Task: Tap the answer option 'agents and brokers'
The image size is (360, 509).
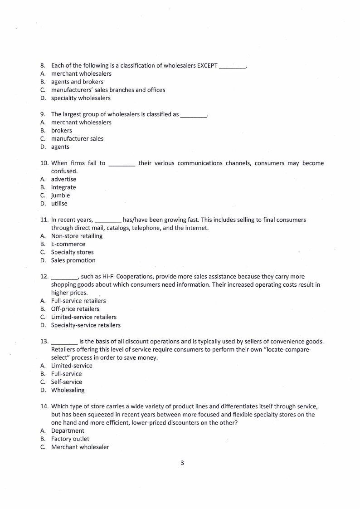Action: coord(77,82)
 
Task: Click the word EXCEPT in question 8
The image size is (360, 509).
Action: coord(207,65)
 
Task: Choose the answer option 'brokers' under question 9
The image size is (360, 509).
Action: coord(62,131)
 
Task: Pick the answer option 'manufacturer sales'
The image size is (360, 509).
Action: coord(77,139)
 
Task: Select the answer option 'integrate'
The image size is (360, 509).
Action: coord(63,187)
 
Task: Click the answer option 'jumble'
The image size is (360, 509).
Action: coord(61,196)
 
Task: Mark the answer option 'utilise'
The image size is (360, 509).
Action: coord(59,204)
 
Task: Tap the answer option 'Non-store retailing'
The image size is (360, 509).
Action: coord(77,236)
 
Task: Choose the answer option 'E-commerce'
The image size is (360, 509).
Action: coord(68,244)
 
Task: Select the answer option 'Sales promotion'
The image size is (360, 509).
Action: coord(73,260)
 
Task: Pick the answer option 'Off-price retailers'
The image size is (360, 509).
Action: coord(75,309)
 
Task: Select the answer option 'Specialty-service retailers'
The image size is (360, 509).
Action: coord(86,325)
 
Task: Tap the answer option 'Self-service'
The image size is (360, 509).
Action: coord(67,382)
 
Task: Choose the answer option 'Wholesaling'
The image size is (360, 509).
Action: coord(68,390)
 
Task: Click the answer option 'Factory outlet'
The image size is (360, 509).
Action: coord(70,439)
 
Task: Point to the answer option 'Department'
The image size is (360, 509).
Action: coord(68,431)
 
